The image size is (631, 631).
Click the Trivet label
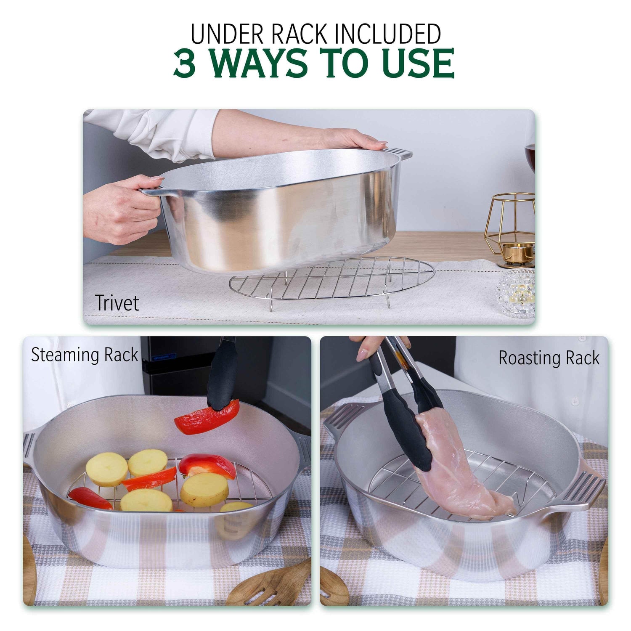117,303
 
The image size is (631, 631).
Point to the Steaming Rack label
85,355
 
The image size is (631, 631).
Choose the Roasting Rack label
549,358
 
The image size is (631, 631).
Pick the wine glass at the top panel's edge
530,156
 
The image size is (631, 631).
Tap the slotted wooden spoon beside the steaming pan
273,585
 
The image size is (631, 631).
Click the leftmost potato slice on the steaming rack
106,469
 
